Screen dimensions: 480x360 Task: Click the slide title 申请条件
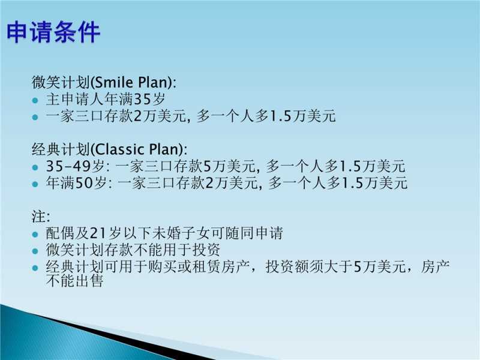click(x=53, y=32)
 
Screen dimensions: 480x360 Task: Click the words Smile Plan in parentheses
click(x=132, y=82)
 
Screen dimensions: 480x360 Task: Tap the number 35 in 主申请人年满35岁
click(x=143, y=99)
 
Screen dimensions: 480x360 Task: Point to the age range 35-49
click(x=68, y=166)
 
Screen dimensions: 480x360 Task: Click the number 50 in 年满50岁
click(x=84, y=183)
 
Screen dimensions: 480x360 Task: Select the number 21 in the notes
click(x=98, y=233)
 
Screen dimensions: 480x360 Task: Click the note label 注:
click(x=41, y=217)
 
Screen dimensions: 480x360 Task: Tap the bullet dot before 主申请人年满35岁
click(x=35, y=100)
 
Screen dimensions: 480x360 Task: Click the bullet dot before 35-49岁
click(x=35, y=167)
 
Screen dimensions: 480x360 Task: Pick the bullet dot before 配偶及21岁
click(x=35, y=235)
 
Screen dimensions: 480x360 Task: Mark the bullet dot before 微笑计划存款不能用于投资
click(x=35, y=251)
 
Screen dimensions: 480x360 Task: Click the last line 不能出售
click(x=74, y=280)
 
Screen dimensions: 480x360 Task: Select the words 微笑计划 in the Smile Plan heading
click(x=61, y=82)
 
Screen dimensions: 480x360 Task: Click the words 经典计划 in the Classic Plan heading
click(x=61, y=149)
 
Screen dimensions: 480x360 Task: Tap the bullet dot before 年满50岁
click(x=35, y=184)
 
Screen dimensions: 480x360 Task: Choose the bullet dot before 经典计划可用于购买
click(x=35, y=268)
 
